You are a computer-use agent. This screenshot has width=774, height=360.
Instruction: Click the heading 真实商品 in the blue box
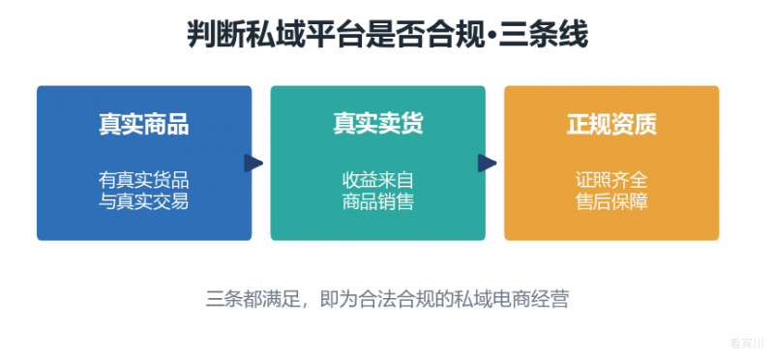coord(143,125)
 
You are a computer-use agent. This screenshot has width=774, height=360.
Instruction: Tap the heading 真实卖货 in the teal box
coord(377,125)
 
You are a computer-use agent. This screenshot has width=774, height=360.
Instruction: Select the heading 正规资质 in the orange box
coord(611,125)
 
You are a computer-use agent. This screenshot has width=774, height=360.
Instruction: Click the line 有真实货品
coord(143,181)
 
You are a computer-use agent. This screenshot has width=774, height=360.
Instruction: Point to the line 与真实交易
coord(143,201)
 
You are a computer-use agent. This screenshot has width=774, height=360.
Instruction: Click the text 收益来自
coord(377,181)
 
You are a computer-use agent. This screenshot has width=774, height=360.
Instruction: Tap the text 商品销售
coord(377,201)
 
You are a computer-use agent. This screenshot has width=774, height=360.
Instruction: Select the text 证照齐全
coord(611,181)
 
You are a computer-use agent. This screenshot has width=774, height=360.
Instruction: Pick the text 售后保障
coord(611,201)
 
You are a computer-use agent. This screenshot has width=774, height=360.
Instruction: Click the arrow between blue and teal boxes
coord(253,163)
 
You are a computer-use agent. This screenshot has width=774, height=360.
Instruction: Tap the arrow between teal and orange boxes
coord(487,163)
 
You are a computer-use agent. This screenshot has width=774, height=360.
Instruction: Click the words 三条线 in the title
coord(543,35)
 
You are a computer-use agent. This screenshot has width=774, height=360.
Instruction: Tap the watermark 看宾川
coord(746,344)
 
